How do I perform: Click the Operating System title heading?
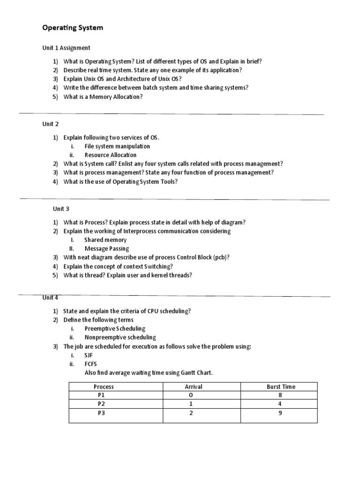pyautogui.click(x=73, y=28)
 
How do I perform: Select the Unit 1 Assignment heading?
pyautogui.click(x=66, y=48)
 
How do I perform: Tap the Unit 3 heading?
pyautogui.click(x=61, y=209)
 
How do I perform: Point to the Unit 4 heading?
pyautogui.click(x=51, y=297)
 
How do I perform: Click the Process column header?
pyautogui.click(x=104, y=387)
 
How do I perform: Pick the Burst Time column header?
pyautogui.click(x=280, y=387)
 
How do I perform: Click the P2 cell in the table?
pyautogui.click(x=102, y=404)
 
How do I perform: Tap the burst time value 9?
pyautogui.click(x=280, y=413)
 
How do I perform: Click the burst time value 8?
pyautogui.click(x=280, y=395)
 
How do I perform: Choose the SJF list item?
pyautogui.click(x=89, y=355)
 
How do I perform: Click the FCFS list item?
pyautogui.click(x=90, y=364)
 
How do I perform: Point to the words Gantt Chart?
pyautogui.click(x=195, y=373)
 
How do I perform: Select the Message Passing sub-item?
pyautogui.click(x=106, y=248)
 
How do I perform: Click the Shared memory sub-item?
pyautogui.click(x=105, y=240)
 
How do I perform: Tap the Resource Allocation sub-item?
pyautogui.click(x=111, y=155)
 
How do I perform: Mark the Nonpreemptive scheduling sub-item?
pyautogui.click(x=120, y=337)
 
